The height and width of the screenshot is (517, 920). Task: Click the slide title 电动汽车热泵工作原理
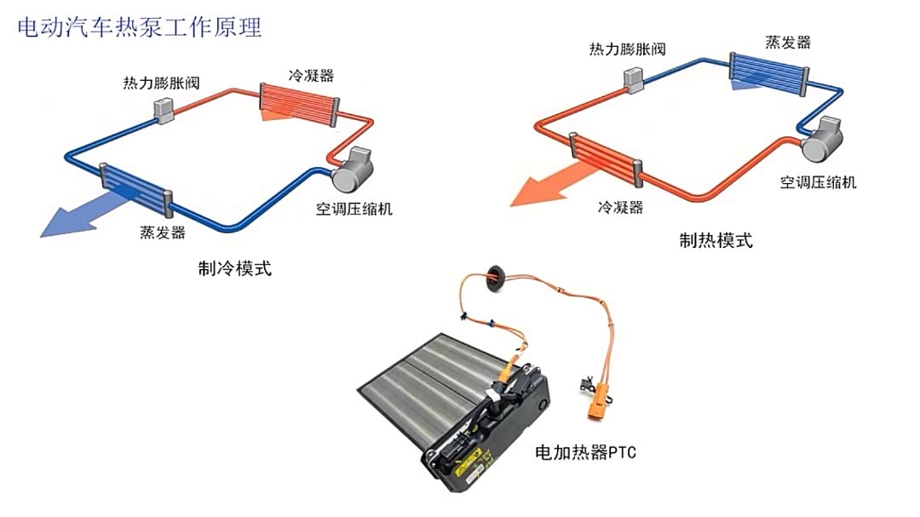(139, 27)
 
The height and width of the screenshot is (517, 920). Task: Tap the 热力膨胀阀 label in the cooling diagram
(161, 83)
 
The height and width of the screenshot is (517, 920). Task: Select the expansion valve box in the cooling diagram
(164, 111)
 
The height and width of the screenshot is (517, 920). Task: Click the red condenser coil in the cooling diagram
(298, 104)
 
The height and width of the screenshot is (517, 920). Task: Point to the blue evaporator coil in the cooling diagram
(136, 190)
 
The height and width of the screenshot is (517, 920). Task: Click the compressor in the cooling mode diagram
(353, 169)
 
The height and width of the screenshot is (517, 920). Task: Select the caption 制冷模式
(235, 268)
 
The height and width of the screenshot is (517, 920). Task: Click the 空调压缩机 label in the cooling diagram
(354, 209)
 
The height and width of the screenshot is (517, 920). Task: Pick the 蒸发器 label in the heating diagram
(788, 43)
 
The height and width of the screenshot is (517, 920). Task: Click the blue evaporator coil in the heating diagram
(769, 72)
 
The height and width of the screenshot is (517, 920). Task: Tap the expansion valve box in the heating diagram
(634, 80)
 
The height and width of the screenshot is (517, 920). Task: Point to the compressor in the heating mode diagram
(822, 140)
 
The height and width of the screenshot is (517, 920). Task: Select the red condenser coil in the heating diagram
(607, 159)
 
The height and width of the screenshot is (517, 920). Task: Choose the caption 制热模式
(716, 240)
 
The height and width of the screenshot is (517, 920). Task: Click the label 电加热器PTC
(585, 452)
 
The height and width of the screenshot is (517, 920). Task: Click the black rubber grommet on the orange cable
(496, 275)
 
